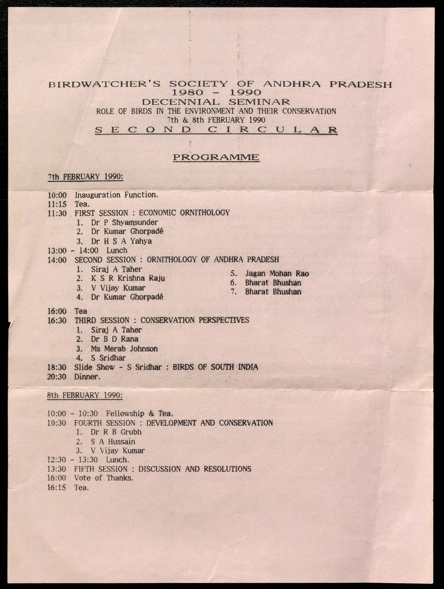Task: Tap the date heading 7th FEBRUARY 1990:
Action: point(85,177)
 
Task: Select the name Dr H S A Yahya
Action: point(121,241)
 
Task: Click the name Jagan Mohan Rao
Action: point(277,273)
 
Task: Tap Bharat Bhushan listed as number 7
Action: point(273,292)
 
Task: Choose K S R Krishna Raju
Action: point(128,278)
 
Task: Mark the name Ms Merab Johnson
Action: point(124,349)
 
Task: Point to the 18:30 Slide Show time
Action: point(57,367)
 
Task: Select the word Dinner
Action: point(87,377)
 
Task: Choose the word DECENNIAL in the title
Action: point(181,102)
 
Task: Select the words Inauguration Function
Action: point(116,195)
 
